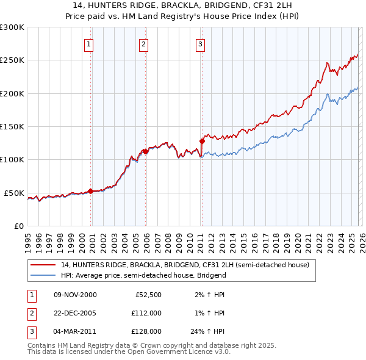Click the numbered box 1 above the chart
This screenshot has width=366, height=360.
(89, 43)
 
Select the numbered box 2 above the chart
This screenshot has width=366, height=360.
(143, 43)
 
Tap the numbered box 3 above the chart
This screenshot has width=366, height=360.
(200, 43)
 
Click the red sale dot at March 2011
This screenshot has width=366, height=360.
(202, 141)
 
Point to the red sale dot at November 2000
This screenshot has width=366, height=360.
(91, 191)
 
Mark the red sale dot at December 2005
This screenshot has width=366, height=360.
(146, 151)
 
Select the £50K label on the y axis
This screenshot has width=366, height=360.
(13, 193)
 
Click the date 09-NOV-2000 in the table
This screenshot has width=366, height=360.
(75, 295)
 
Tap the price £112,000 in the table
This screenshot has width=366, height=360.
(146, 313)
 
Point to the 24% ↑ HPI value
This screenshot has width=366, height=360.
(210, 331)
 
